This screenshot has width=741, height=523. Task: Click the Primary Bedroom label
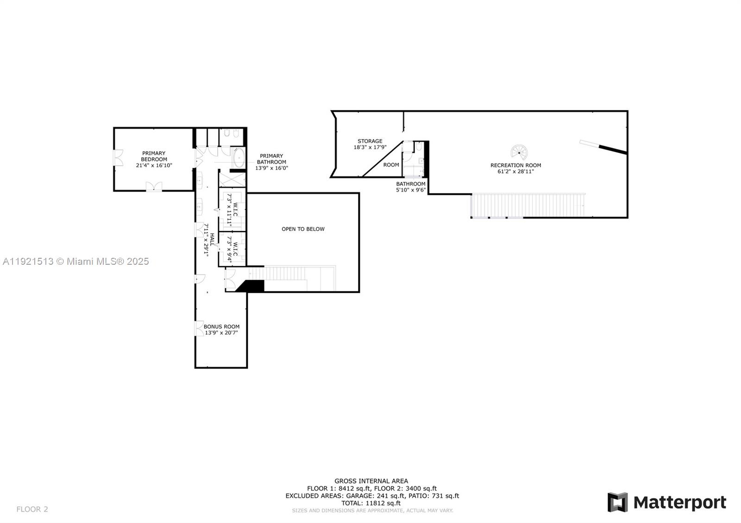point(154,156)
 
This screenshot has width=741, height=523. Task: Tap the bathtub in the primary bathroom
point(239,158)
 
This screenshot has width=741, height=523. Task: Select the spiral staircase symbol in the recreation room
point(519,152)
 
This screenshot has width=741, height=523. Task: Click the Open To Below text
point(303,229)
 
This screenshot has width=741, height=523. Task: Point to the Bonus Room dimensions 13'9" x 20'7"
point(221,333)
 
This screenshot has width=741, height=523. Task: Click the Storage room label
point(370,141)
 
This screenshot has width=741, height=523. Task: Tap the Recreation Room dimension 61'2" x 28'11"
point(515,172)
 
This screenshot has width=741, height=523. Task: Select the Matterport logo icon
point(617,502)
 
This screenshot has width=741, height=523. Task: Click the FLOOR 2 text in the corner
point(32,509)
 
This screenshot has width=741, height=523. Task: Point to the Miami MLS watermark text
point(76,261)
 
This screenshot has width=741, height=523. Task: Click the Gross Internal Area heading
point(371,481)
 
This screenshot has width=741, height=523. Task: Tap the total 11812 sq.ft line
point(371,503)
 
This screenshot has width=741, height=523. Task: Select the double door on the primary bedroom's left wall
point(118,158)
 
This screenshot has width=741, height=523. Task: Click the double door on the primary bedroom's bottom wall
point(154,186)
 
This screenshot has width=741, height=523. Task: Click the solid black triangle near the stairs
point(251,286)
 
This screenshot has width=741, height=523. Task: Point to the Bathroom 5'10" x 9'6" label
point(410,187)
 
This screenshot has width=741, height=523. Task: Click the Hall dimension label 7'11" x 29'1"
point(206,240)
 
